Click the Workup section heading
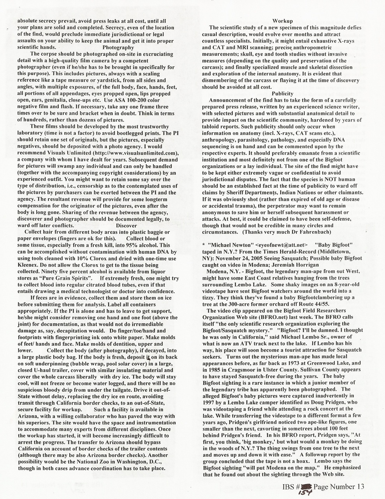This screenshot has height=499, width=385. point(283,21)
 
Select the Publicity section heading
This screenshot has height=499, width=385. point(283,94)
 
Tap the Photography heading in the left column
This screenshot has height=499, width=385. point(118,48)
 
